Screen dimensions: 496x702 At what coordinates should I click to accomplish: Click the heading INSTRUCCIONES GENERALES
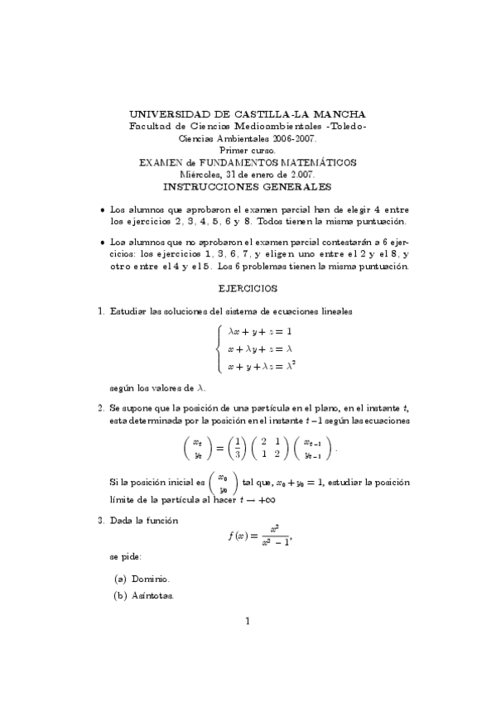248,188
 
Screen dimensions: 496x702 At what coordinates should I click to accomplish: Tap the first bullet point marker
102,210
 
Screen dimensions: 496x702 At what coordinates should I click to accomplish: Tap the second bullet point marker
102,243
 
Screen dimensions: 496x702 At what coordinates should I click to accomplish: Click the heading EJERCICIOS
248,289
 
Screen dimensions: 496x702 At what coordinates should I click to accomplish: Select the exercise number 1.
100,312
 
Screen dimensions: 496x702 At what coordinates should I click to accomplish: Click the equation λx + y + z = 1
260,330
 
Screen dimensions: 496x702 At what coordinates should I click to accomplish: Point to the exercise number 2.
100,408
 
